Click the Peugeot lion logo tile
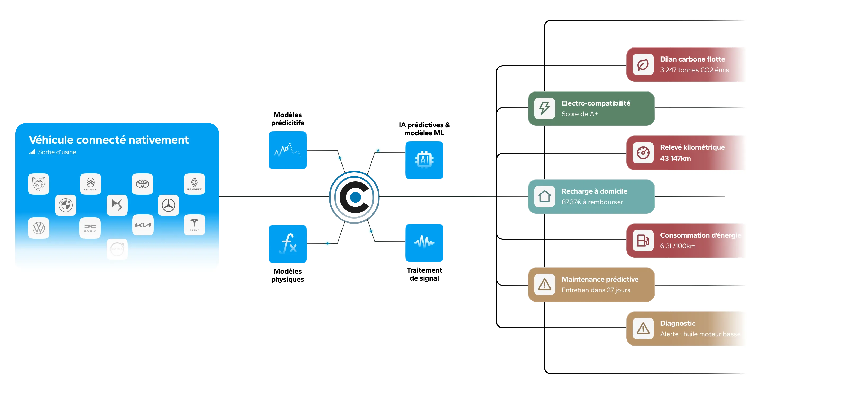[39, 184]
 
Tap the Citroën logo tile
[90, 184]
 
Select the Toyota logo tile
[143, 184]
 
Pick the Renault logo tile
[194, 184]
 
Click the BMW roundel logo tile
[65, 205]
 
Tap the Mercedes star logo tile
[168, 205]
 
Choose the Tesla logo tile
[194, 225]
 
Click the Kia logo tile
[143, 225]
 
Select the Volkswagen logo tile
[39, 228]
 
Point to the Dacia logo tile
[90, 228]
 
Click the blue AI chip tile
[424, 160]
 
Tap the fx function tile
[288, 244]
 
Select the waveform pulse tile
[424, 243]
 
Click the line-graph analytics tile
[288, 150]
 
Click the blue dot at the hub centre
[355, 197]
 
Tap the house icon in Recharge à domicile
[544, 196]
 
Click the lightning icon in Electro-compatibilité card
[544, 108]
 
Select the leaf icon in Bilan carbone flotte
[643, 64]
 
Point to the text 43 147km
[675, 158]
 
